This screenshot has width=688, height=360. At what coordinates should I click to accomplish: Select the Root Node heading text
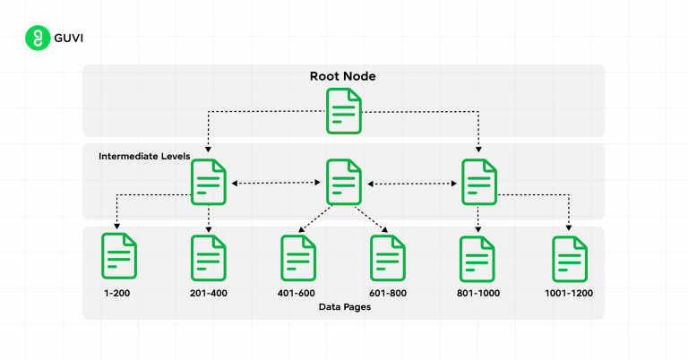pos(343,76)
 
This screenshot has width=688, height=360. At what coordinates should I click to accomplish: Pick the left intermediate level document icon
pos(209,183)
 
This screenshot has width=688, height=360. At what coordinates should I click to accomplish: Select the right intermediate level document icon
pos(478,183)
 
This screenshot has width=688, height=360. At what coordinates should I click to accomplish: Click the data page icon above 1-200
pos(119,256)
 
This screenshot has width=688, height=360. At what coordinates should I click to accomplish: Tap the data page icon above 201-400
pos(209,258)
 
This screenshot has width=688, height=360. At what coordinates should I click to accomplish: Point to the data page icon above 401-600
pos(298,258)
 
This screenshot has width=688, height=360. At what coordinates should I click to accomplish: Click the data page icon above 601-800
pos(389,258)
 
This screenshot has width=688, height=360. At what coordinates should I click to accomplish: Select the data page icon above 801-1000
pos(478,258)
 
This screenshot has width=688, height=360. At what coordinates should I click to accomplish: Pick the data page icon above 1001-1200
pos(569,258)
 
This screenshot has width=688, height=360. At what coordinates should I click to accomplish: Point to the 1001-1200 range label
pos(569,293)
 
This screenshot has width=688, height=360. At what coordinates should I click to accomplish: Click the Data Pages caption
pos(343,307)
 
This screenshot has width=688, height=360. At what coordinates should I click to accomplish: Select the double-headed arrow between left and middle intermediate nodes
pos(276,183)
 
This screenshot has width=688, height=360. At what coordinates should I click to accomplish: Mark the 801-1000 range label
pos(478,293)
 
